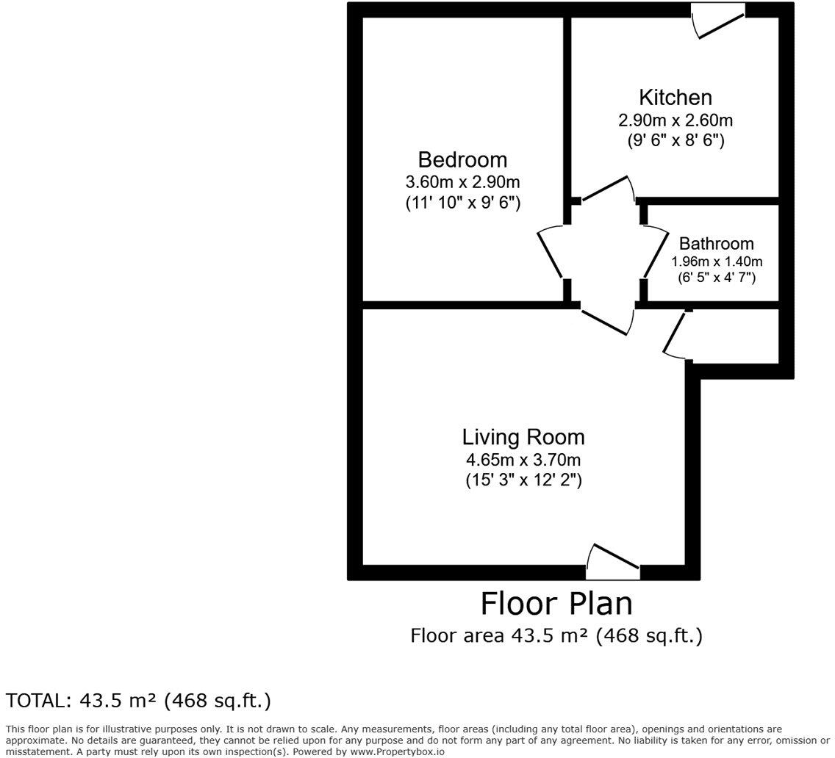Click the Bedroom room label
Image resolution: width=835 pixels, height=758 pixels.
[462, 159]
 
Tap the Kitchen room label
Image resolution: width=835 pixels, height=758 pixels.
[675, 97]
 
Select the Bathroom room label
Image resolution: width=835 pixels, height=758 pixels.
[716, 243]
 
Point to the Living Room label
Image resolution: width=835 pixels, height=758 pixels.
[523, 437]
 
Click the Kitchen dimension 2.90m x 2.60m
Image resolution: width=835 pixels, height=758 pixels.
[675, 120]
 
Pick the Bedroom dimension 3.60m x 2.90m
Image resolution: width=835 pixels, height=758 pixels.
[462, 182]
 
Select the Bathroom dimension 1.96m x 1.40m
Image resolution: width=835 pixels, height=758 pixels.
[716, 261]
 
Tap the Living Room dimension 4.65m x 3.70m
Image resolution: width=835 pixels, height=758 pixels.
[523, 461]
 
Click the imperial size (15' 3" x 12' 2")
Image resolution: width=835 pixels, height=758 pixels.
[523, 481]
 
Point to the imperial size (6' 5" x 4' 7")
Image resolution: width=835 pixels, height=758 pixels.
[716, 278]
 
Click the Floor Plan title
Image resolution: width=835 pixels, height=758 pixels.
[556, 604]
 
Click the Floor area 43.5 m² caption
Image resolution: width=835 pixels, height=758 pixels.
[556, 635]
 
